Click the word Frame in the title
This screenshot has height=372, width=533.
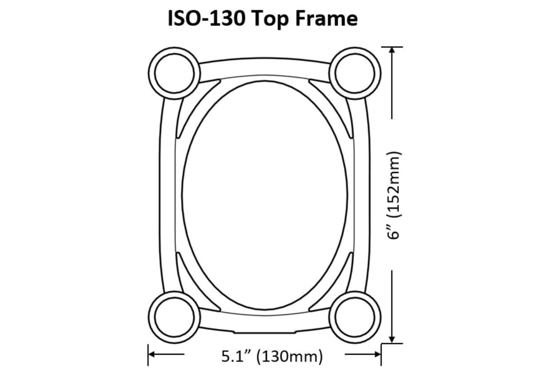click(326, 19)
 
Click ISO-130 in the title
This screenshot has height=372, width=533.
click(207, 19)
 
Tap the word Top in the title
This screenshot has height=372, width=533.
click(270, 20)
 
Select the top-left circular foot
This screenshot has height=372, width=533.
click(175, 73)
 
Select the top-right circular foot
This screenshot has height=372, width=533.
click(355, 73)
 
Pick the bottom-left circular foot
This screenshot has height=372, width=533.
click(175, 317)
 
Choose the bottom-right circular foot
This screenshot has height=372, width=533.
click(355, 317)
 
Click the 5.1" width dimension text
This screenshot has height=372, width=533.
click(237, 356)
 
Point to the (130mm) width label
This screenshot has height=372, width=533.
click(290, 357)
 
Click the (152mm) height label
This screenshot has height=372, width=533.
click(394, 184)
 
